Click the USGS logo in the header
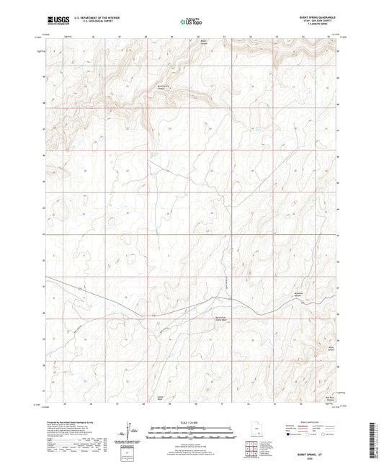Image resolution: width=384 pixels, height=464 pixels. click(54, 22)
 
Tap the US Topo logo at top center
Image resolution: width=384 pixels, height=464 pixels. click(191, 22)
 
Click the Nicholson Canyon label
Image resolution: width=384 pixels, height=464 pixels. click(303, 296)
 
